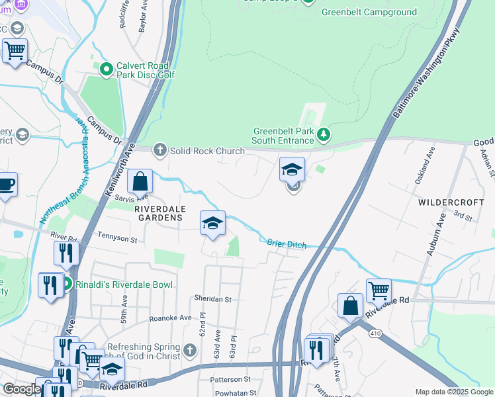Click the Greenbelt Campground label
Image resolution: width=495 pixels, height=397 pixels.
(x=369, y=12)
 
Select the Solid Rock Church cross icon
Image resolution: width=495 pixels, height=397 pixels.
(x=159, y=151)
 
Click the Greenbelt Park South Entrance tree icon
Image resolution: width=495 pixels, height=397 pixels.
(x=323, y=136)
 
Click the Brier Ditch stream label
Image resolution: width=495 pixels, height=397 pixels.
(x=287, y=244)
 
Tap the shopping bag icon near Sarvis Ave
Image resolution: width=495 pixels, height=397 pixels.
(x=140, y=181)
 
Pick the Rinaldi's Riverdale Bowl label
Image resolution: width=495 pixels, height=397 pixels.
(x=124, y=285)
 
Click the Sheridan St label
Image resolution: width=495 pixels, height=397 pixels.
(x=213, y=299)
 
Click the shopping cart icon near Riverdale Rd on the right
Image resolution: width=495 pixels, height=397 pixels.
(x=379, y=289)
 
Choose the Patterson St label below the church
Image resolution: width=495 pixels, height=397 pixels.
(x=230, y=380)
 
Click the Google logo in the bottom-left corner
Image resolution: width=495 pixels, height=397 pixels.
(x=21, y=389)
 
